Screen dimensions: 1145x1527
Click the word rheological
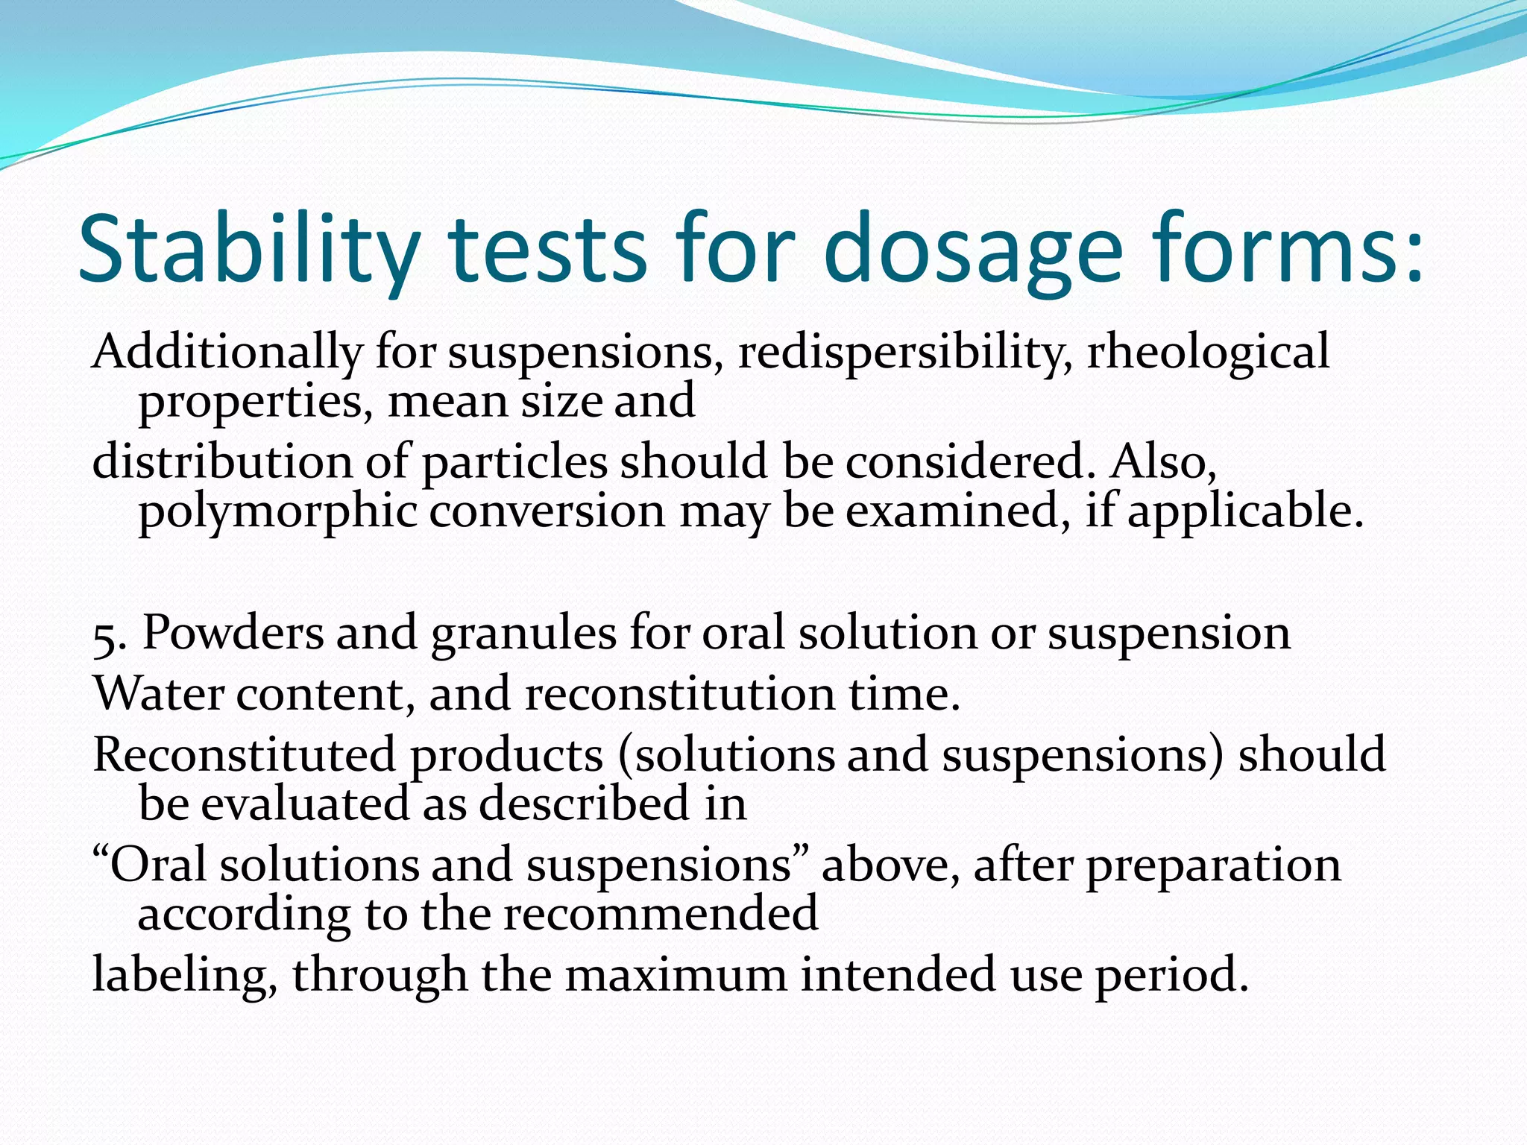pos(1209,352)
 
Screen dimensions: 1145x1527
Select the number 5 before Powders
pos(104,635)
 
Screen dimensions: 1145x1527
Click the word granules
pos(524,634)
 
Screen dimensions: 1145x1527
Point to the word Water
pos(158,694)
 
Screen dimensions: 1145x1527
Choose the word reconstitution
pos(680,694)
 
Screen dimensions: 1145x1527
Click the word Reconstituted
pos(244,754)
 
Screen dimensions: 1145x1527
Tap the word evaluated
pos(305,804)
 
